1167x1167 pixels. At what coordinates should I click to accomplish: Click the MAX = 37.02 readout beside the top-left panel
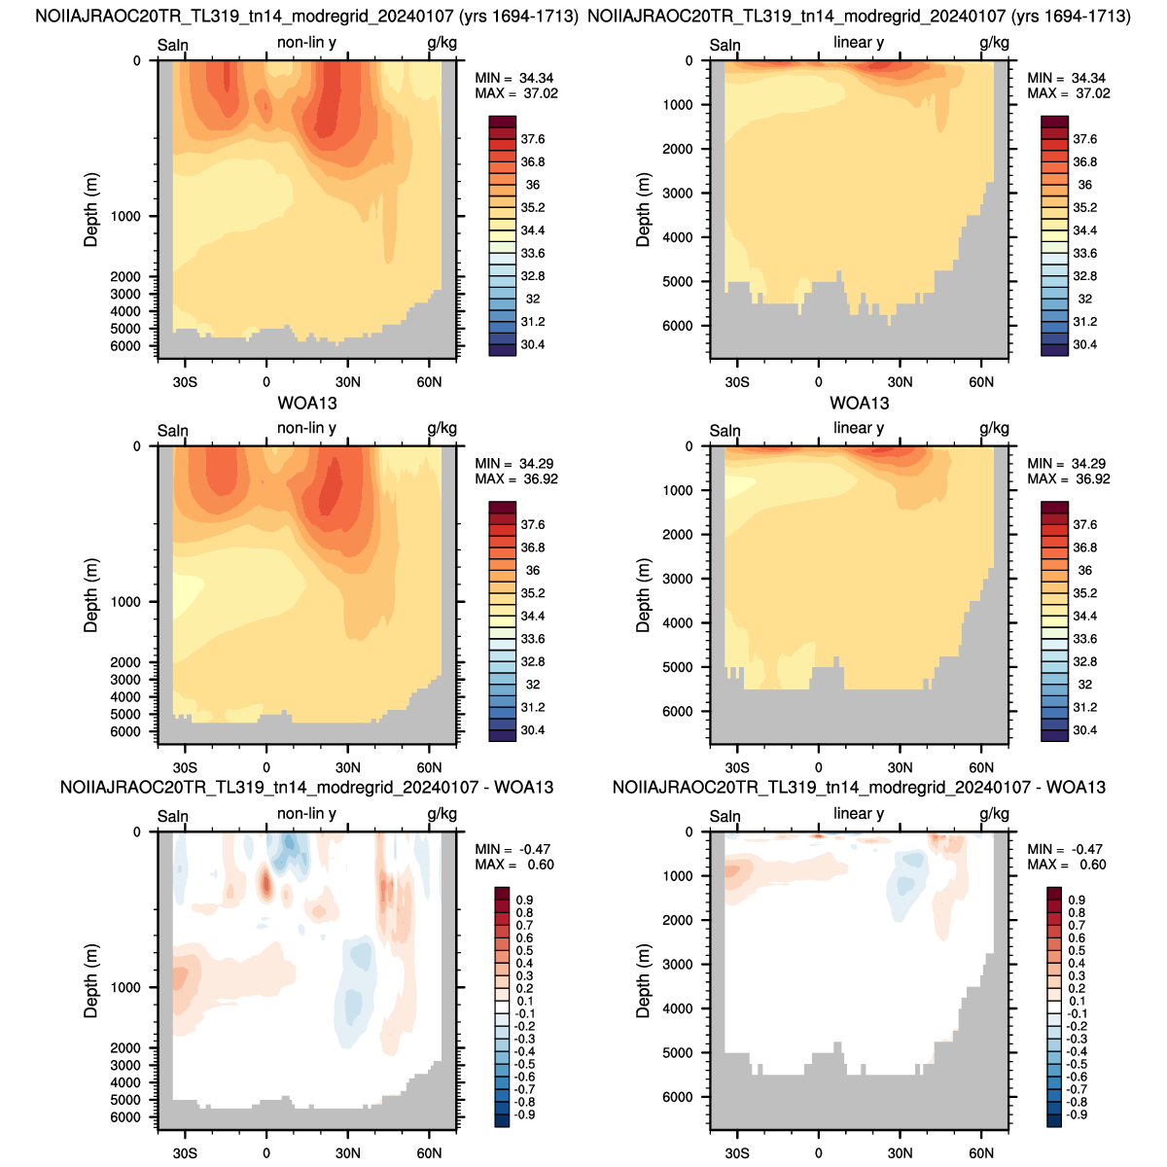pos(516,93)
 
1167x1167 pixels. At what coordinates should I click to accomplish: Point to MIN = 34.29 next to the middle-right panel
pos(1068,463)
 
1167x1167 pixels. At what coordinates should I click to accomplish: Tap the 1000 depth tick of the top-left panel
pos(125,216)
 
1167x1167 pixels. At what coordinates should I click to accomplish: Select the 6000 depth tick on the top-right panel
pos(678,326)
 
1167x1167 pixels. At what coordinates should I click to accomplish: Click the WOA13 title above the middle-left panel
pos(307,403)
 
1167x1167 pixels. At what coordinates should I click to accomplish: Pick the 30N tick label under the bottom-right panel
pos(900,1153)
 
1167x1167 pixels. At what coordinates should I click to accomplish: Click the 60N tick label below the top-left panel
pos(429,381)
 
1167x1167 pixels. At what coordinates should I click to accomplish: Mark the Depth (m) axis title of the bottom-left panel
pos(90,980)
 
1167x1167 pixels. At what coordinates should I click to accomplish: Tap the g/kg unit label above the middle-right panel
pos(995,428)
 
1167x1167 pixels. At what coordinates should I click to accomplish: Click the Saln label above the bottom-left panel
pos(172,816)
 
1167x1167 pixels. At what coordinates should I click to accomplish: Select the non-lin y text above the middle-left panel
pos(306,428)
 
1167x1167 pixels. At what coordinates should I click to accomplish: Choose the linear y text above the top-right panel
pos(859,43)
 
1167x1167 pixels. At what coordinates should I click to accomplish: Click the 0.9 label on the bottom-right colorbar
pos(1078,900)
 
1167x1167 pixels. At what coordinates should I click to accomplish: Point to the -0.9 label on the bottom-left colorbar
pos(524,1114)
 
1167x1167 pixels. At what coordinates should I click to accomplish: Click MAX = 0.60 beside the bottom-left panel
pos(514,865)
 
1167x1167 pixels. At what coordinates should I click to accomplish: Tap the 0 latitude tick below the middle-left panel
pos(266,767)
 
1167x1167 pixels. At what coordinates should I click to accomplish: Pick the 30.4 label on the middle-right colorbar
pos(1084,729)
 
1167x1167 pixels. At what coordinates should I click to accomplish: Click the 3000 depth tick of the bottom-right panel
pos(678,964)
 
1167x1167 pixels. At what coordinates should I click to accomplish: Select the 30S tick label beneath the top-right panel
pos(737,381)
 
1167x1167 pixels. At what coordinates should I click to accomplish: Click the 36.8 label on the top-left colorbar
pos(532,161)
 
